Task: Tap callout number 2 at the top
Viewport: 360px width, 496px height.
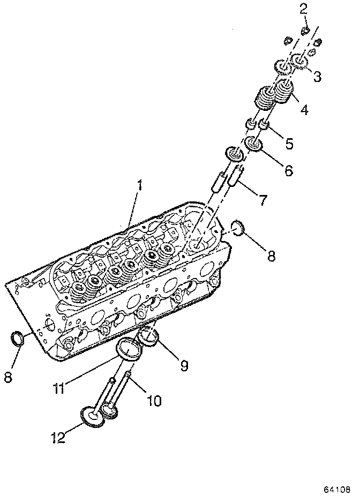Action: [303, 9]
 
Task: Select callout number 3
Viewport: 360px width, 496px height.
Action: [317, 77]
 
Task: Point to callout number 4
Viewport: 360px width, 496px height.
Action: [304, 110]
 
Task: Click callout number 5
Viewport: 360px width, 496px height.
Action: [289, 143]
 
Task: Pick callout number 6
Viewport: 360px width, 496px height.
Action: [288, 171]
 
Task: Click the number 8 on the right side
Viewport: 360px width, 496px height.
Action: [271, 255]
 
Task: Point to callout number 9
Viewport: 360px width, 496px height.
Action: [184, 366]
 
